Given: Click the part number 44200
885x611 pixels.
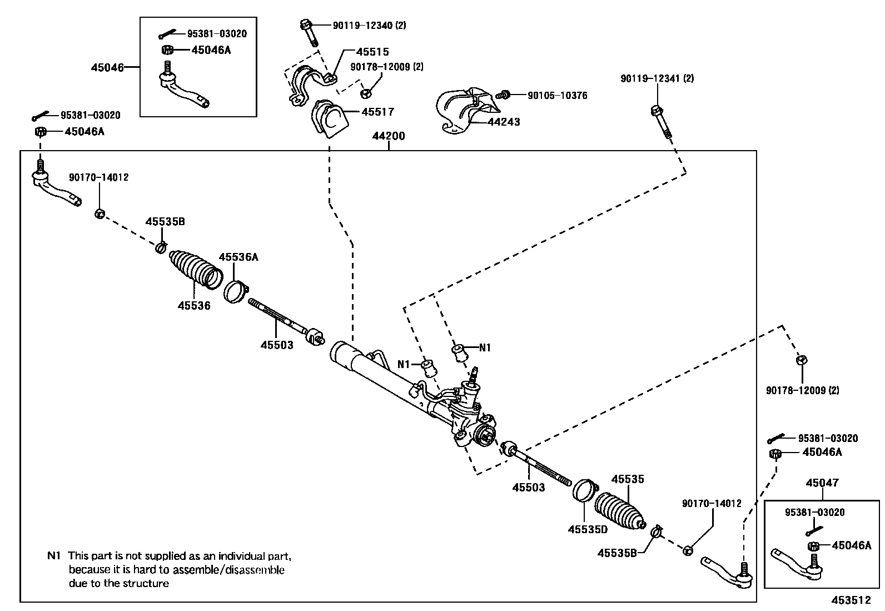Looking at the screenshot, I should click(389, 136).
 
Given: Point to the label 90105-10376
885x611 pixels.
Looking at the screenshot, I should click(557, 96).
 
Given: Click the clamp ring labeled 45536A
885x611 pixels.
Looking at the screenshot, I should click(235, 291).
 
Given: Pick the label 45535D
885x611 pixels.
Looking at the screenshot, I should click(588, 530).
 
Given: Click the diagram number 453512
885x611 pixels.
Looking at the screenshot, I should click(851, 600).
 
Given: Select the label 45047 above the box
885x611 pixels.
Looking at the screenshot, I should click(822, 483).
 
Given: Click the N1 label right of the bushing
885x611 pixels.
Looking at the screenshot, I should click(485, 347).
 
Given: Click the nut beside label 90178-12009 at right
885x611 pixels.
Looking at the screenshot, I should click(801, 360).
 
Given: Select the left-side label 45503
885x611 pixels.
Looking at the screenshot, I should click(277, 345).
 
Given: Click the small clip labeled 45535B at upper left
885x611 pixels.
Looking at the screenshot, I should click(160, 246).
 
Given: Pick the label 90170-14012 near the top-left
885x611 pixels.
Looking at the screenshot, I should click(99, 177).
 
